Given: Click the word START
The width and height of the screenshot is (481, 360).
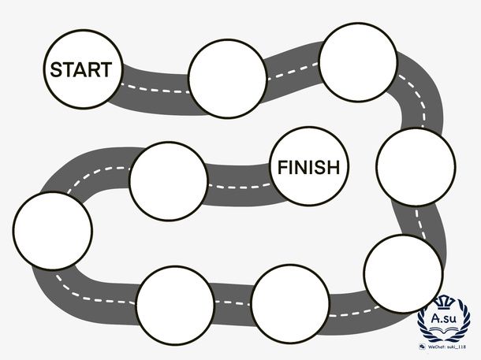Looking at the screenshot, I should [81, 69].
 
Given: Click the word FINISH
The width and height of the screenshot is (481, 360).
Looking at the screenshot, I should [308, 167].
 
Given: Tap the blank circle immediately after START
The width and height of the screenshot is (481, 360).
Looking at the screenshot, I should [228, 79].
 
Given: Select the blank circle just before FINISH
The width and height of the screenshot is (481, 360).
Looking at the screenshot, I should [169, 180].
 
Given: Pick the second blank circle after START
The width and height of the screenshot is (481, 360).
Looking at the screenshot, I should [358, 62].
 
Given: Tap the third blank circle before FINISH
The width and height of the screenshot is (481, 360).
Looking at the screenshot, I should [175, 305].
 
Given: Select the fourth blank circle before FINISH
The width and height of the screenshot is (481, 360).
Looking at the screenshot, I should [289, 303].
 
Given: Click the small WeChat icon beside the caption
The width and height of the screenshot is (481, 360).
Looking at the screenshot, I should [423, 347].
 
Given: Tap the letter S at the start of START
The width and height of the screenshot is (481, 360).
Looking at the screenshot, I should [56, 69].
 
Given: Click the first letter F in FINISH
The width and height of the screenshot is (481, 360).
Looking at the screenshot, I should [282, 167].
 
